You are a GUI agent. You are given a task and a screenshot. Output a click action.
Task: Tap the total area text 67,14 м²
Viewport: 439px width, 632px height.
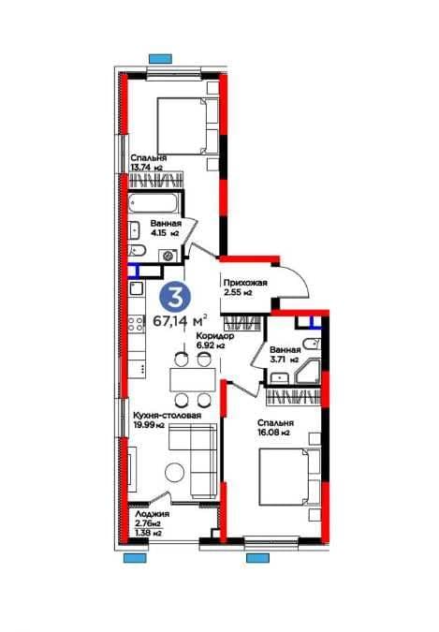(181, 321)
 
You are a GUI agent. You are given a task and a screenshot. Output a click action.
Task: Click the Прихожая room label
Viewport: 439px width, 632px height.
(245, 283)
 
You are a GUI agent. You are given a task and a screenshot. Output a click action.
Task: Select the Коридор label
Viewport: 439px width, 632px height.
(215, 336)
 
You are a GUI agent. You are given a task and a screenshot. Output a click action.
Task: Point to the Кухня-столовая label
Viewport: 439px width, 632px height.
(167, 415)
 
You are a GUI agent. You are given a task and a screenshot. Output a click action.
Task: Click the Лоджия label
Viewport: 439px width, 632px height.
(152, 514)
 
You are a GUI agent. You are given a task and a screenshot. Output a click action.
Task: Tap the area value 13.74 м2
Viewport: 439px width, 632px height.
(146, 168)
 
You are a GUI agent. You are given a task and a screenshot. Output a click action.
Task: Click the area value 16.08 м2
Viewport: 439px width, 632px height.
(273, 433)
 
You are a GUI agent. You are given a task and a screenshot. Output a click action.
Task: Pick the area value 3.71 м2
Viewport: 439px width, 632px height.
(284, 360)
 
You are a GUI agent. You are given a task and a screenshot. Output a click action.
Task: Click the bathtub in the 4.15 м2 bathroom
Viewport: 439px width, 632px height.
(154, 203)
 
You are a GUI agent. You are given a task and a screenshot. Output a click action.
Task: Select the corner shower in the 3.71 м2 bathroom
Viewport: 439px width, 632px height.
(308, 371)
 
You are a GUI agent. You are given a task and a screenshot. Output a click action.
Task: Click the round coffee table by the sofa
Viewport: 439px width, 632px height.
(174, 471)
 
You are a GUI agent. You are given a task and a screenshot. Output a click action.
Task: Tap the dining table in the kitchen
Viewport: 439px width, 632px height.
(193, 379)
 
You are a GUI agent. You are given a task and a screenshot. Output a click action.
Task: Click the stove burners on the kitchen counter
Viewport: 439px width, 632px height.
(136, 324)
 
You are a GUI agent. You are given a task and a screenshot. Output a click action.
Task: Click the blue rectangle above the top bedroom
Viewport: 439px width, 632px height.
(160, 59)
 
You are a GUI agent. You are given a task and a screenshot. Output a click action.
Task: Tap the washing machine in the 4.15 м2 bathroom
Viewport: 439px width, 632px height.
(168, 256)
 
